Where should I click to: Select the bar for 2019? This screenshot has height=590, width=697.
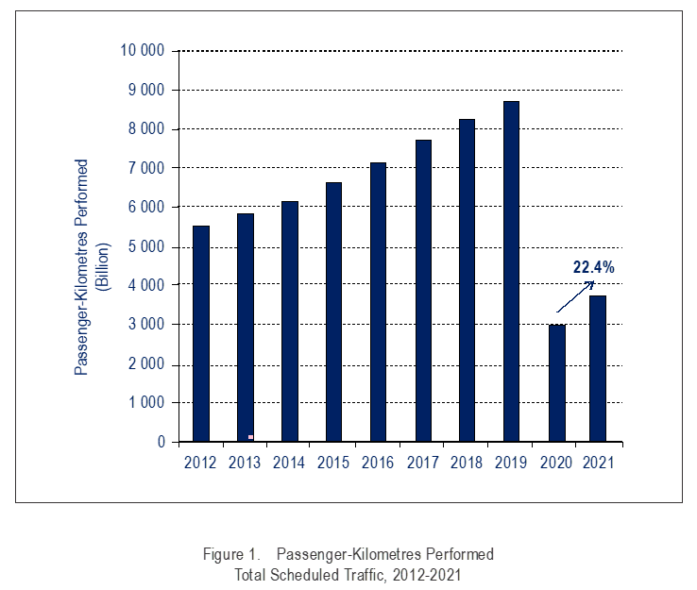coord(512,271)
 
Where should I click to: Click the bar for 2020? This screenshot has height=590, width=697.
coord(557,382)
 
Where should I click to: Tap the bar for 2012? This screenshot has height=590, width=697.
coord(200,333)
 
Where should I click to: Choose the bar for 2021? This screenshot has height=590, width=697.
coord(596,368)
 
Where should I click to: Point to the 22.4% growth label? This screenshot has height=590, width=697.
coord(593,268)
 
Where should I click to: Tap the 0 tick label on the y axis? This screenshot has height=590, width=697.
coord(161,442)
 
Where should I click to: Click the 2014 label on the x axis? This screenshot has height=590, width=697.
coord(289,463)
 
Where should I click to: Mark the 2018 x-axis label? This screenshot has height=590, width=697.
coord(467,463)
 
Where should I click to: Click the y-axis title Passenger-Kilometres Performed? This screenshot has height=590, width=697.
coord(82,267)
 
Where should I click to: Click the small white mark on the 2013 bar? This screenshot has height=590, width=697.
coord(250,437)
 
